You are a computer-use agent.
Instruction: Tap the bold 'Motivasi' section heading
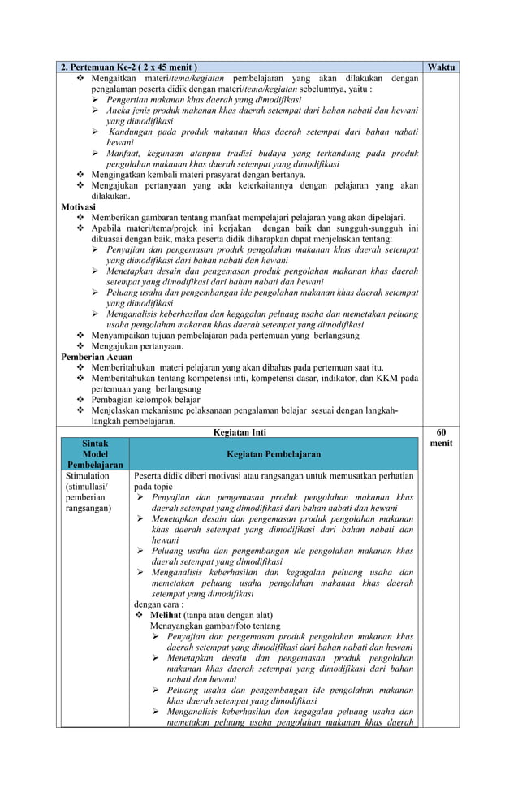79,206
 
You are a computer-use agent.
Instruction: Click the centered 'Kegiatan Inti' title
239,432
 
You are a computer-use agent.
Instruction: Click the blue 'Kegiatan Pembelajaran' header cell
273,454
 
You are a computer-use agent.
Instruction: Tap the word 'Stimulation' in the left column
86,475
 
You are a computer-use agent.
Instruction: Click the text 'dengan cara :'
158,604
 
